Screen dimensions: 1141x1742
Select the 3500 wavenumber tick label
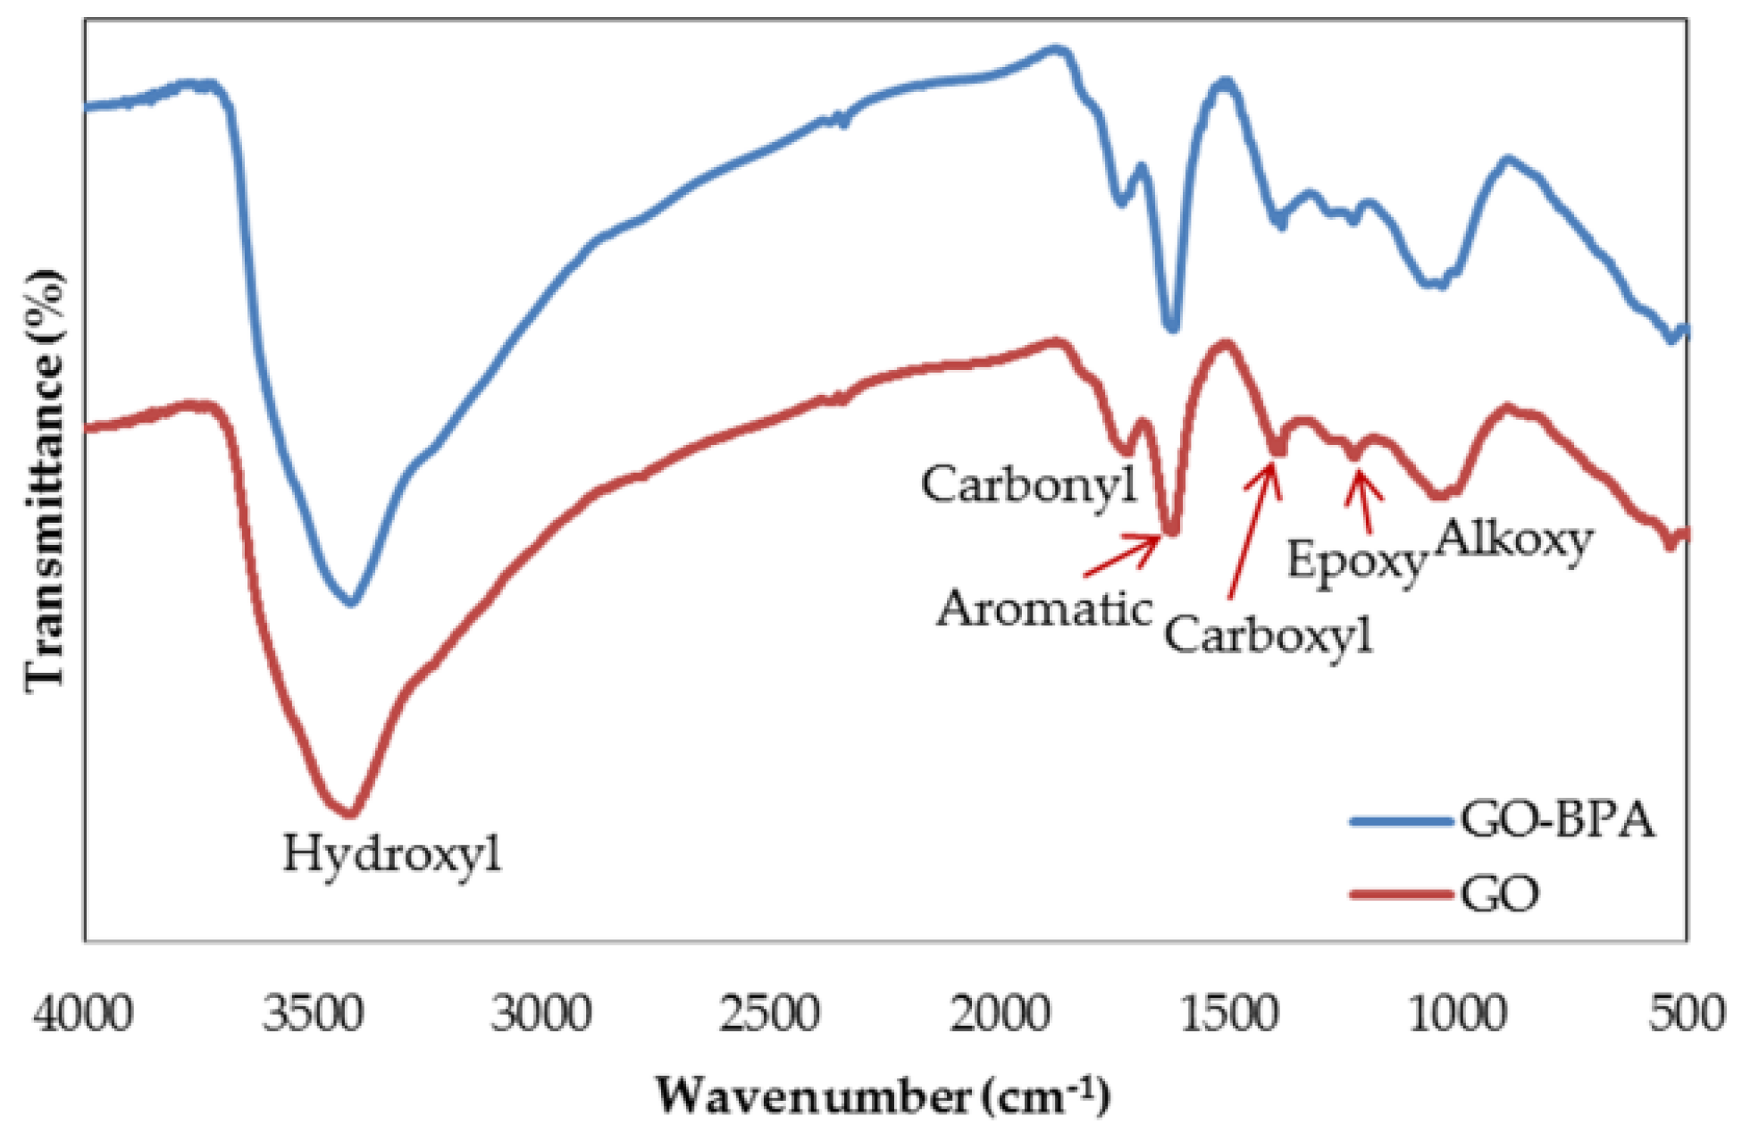pyautogui.click(x=313, y=1015)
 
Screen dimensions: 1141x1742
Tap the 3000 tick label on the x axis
pyautogui.click(x=541, y=1015)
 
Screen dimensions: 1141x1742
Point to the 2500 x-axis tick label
pyautogui.click(x=770, y=1015)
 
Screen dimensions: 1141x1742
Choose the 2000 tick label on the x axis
pyautogui.click(x=1000, y=1015)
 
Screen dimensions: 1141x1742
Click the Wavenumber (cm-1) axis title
pyautogui.click(x=883, y=1095)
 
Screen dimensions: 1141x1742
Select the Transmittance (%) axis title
pyautogui.click(x=45, y=481)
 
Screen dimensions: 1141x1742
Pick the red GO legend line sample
pyautogui.click(x=1400, y=893)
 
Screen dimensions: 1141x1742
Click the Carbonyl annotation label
pyautogui.click(x=1030, y=485)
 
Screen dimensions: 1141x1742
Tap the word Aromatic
pyautogui.click(x=1044, y=610)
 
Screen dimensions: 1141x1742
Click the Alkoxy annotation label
pyautogui.click(x=1514, y=540)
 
